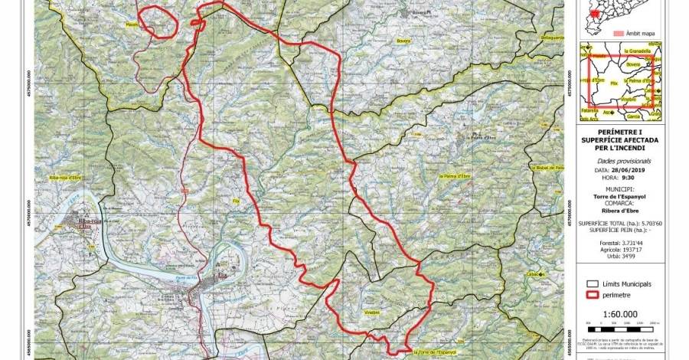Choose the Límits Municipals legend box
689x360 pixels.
click(x=589, y=284)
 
